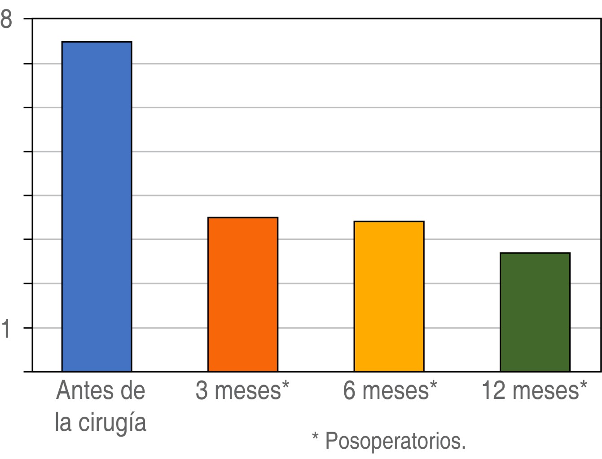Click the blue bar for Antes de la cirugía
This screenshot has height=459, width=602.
coord(97,206)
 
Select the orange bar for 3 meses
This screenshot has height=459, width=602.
coord(242,294)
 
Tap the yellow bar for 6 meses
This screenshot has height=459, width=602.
coord(389,296)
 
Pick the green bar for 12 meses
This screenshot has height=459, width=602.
coord(535,312)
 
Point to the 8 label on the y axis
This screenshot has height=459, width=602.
coord(6,20)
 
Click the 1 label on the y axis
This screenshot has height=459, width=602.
coord(6,329)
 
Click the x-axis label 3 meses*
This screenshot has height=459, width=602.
coord(242,390)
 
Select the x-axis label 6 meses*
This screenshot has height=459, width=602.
coord(390,390)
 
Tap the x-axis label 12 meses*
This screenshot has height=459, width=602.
coord(534,390)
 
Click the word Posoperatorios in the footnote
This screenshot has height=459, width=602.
coord(395,441)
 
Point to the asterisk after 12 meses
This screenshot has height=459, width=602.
coord(583,385)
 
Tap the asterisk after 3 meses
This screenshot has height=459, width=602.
coord(286,385)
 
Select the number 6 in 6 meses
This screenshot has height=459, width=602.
coord(350,390)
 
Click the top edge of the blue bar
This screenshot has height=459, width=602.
coord(97,42)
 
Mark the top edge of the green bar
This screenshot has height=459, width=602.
coord(535,253)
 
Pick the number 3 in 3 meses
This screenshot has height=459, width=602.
coord(202,390)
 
